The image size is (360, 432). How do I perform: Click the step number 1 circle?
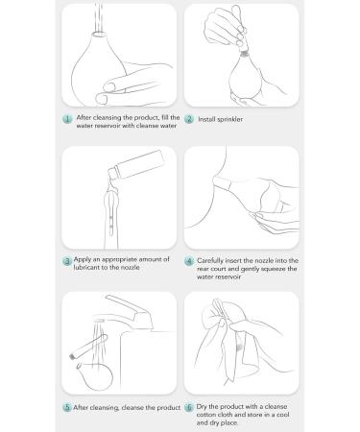67,119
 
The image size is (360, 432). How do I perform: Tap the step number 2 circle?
189,119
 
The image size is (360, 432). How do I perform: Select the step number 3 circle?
67,261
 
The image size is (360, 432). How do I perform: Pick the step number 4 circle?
189,261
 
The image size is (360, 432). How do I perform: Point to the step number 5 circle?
67,407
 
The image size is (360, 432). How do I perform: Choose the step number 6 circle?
189,407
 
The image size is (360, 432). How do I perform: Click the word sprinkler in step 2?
229,119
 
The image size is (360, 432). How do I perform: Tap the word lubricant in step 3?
86,267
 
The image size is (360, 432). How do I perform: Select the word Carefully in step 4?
210,261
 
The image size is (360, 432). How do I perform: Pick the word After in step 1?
84,117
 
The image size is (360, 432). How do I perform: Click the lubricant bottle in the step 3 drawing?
136,164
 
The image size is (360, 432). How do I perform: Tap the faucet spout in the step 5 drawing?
128,310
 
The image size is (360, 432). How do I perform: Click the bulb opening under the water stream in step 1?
98,34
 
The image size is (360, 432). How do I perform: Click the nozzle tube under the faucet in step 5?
89,347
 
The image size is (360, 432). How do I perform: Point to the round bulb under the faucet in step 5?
95,376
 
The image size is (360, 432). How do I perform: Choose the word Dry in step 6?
202,407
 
